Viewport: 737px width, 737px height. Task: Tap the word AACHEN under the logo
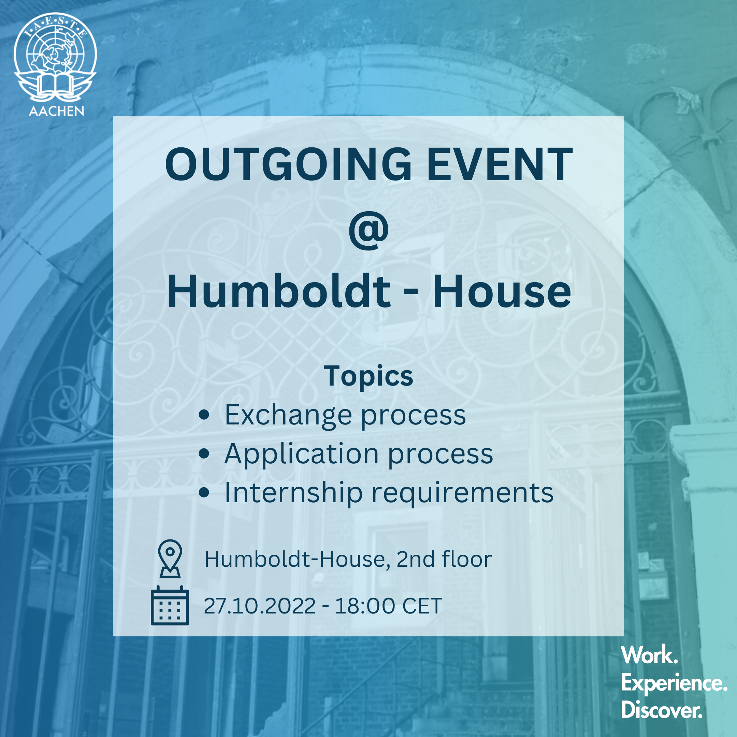(x=56, y=111)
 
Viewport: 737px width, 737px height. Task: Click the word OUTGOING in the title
(x=288, y=164)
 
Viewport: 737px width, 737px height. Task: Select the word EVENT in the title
(x=500, y=164)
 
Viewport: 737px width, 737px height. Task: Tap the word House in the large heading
(x=502, y=292)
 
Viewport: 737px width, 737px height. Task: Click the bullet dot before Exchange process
(x=204, y=415)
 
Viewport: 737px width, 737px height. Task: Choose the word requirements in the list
(x=462, y=494)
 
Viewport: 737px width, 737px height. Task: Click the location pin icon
(x=170, y=559)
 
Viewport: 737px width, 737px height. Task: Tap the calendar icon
(x=170, y=605)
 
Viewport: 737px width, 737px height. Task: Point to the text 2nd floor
(x=444, y=560)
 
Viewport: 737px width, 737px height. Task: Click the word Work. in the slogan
(x=649, y=655)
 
